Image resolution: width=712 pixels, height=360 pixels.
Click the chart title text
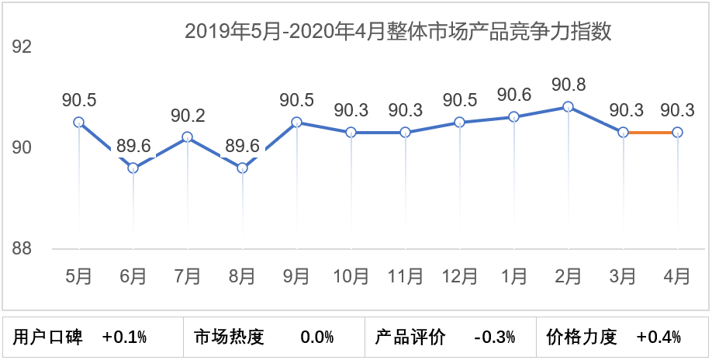[398, 32]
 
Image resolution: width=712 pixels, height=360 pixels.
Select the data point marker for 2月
[568, 107]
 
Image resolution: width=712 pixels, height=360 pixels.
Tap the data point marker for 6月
[133, 168]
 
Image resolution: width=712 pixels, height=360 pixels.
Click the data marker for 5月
[78, 122]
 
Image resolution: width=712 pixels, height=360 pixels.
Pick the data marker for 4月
[677, 133]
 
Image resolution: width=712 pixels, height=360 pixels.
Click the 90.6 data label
[513, 95]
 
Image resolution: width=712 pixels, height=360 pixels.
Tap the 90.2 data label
[188, 116]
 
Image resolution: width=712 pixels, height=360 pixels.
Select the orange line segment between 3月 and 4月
[650, 133]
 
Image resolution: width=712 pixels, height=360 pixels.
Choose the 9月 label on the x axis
[296, 275]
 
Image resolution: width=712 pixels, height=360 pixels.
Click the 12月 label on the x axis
[459, 275]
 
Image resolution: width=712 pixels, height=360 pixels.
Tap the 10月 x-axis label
[351, 275]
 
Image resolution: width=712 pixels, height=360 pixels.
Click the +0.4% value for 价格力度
[658, 337]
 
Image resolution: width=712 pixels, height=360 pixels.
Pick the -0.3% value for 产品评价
[495, 337]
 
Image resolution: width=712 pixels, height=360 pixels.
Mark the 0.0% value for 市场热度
[316, 337]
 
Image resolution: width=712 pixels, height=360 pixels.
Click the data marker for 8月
[242, 168]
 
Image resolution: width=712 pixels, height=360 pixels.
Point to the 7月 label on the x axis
[188, 275]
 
